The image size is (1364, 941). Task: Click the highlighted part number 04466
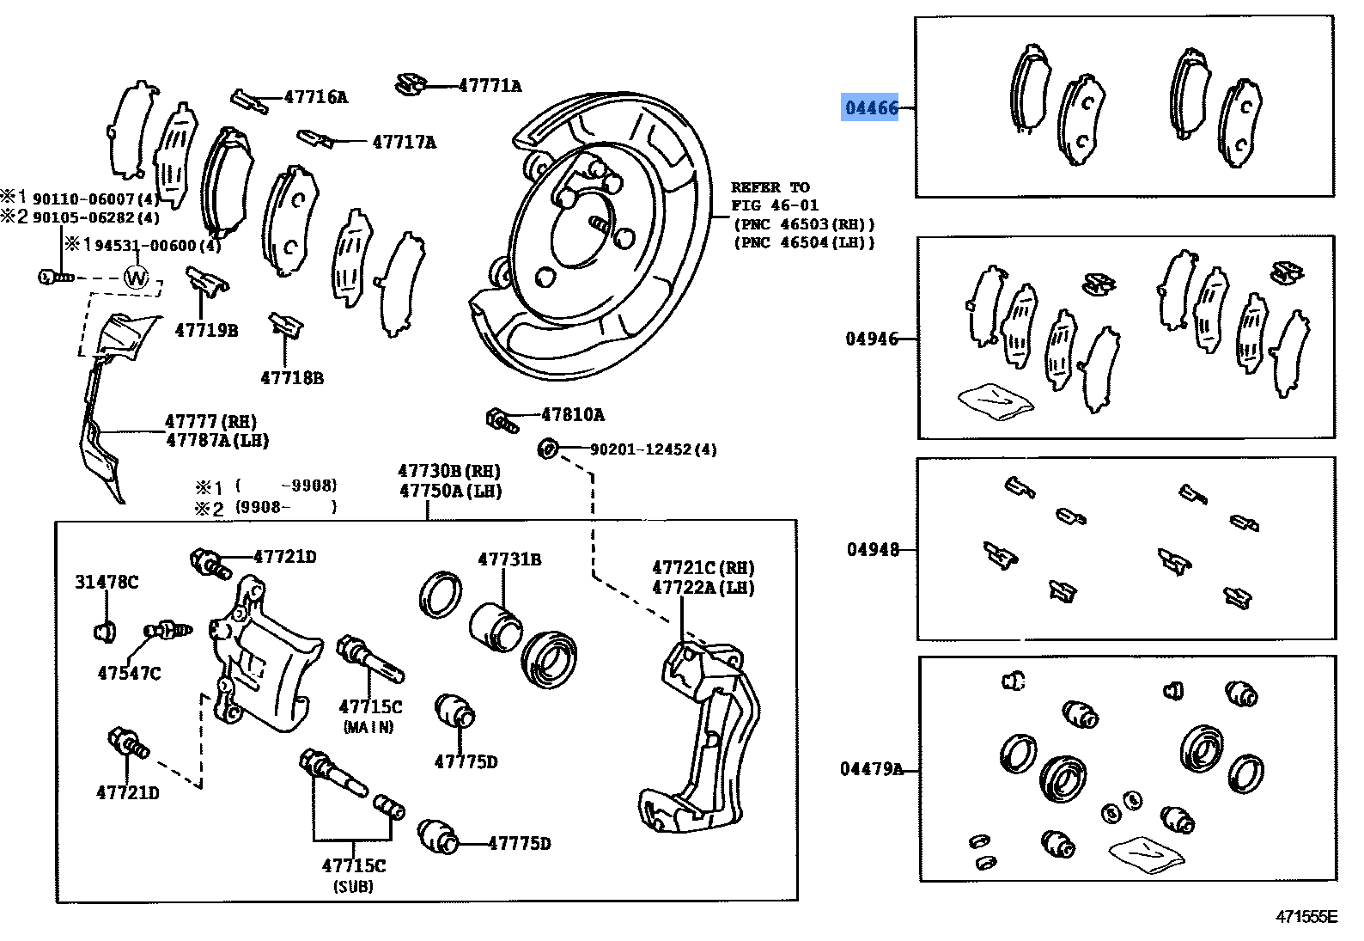870,108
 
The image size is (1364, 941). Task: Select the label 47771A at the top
490,86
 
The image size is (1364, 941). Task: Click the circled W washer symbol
137,278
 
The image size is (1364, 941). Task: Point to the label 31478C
107,583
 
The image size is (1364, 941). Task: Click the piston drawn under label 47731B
495,628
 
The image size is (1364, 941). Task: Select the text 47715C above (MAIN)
370,707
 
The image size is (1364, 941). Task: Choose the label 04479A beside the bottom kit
871,769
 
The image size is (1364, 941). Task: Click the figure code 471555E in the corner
1306,917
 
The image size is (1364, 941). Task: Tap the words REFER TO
770,187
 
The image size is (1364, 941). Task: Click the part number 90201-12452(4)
653,449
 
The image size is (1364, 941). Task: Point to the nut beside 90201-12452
545,448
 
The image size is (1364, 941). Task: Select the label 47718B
292,378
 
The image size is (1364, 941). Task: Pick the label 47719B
206,330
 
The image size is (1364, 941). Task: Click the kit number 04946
872,339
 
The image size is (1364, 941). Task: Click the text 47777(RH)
210,422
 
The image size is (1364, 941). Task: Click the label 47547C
129,674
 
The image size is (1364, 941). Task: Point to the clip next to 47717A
315,138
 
